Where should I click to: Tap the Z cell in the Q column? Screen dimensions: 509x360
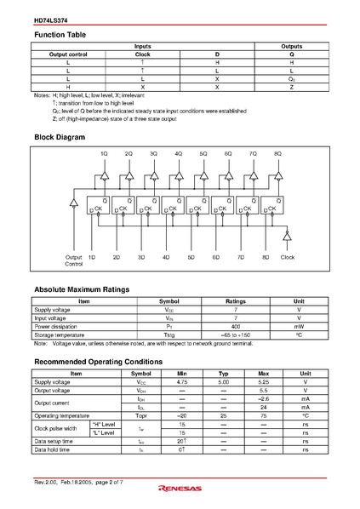(291, 87)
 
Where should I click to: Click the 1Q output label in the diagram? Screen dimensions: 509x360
(104, 153)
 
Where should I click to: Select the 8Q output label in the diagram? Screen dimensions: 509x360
(277, 153)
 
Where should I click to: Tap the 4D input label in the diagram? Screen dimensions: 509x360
(166, 256)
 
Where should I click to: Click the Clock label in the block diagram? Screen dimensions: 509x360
(288, 256)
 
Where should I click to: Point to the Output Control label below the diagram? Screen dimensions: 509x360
(74, 260)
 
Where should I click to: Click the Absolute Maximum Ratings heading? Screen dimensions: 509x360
(81, 289)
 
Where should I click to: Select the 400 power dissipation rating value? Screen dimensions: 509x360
(235, 326)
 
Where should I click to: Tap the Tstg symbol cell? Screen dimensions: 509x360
(169, 335)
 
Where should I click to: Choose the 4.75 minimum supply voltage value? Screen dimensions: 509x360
(182, 382)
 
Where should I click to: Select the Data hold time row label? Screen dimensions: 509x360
(54, 449)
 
